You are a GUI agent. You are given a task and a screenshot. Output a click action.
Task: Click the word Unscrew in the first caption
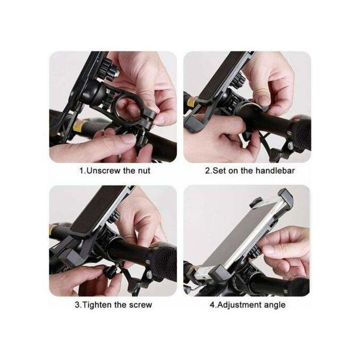[x=103, y=170]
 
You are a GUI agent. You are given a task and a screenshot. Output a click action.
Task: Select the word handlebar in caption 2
[x=274, y=170]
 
